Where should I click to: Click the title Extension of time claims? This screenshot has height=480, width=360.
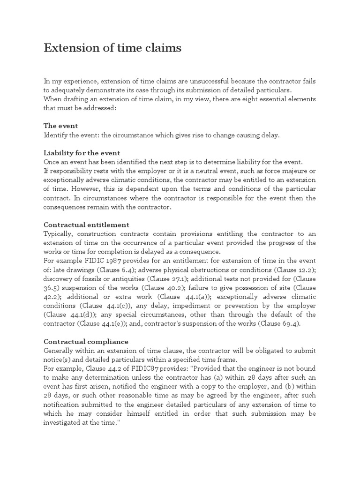[x=112, y=48]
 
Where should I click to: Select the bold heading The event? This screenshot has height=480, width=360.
[x=60, y=126]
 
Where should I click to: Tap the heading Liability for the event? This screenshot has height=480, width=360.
[x=82, y=153]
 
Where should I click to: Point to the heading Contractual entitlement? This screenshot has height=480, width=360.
[x=86, y=225]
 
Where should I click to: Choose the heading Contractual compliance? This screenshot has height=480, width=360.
[x=86, y=342]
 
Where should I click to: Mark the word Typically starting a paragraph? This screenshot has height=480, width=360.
[x=59, y=233]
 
